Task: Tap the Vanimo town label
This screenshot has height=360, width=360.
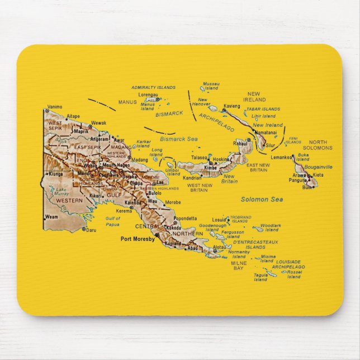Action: point(55,106)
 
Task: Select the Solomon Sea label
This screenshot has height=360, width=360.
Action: point(262,200)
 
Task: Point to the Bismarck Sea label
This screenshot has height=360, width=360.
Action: point(178,139)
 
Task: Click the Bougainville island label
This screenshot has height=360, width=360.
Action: point(318,167)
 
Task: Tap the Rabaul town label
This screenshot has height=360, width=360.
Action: point(240,144)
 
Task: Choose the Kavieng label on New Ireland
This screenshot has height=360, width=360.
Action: point(231,106)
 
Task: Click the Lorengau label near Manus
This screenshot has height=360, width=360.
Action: point(148,96)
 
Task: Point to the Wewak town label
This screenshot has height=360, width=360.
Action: point(98,122)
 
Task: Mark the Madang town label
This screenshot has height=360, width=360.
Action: point(140,160)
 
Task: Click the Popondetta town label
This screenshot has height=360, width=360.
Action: point(186,219)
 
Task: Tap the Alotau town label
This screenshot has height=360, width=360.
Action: point(220,247)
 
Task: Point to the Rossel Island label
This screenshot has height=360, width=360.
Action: point(293,274)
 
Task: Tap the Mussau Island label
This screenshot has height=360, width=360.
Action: point(211,86)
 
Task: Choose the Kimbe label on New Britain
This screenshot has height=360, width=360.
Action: point(211,167)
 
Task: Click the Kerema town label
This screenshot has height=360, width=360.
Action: point(124,211)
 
